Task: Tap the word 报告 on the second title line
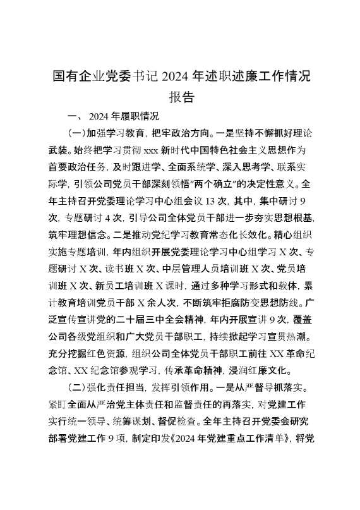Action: [181, 97]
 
